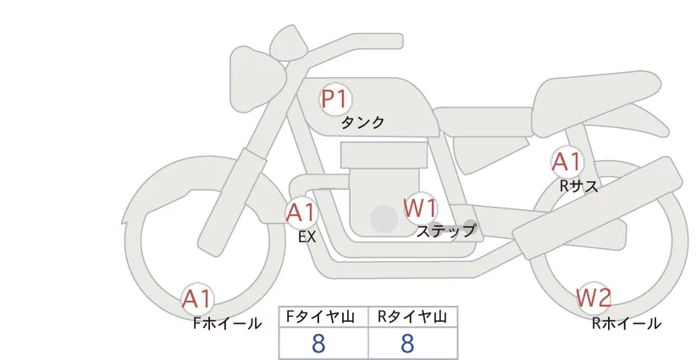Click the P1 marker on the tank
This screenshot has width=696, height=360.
(335, 99)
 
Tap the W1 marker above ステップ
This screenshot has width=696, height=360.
(420, 208)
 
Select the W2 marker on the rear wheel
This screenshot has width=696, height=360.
(594, 297)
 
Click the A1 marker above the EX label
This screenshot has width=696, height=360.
(301, 213)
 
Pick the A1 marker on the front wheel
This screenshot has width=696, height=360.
(197, 299)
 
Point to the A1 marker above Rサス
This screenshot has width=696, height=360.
(566, 162)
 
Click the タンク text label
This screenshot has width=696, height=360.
(362, 123)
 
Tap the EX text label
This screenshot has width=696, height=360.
(307, 237)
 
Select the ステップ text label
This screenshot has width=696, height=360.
(445, 231)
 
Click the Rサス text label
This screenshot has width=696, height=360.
(578, 186)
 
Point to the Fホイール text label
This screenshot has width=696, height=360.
(227, 324)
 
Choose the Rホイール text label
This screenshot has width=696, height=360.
(627, 324)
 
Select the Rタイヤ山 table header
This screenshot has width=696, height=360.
(412, 317)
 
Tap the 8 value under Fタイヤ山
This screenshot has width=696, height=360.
(318, 343)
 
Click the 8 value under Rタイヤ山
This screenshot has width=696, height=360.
(407, 343)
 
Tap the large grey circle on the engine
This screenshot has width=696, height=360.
(384, 219)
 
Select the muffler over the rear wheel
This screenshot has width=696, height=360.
(598, 208)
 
